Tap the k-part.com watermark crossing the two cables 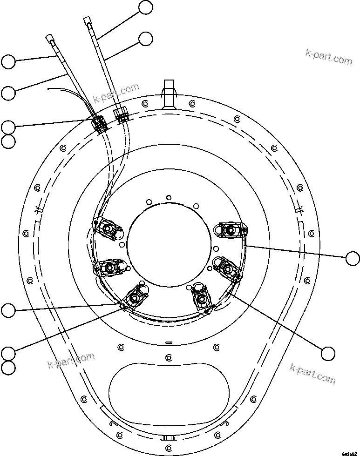[x=116, y=94]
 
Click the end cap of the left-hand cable [x=50, y=37]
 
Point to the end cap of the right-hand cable [x=88, y=21]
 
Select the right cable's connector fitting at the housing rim [x=122, y=115]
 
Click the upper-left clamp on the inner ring [x=108, y=228]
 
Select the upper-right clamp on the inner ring [x=229, y=229]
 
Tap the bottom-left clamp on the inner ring [x=136, y=297]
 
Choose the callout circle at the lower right [x=328, y=353]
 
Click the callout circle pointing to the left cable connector [x=8, y=127]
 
